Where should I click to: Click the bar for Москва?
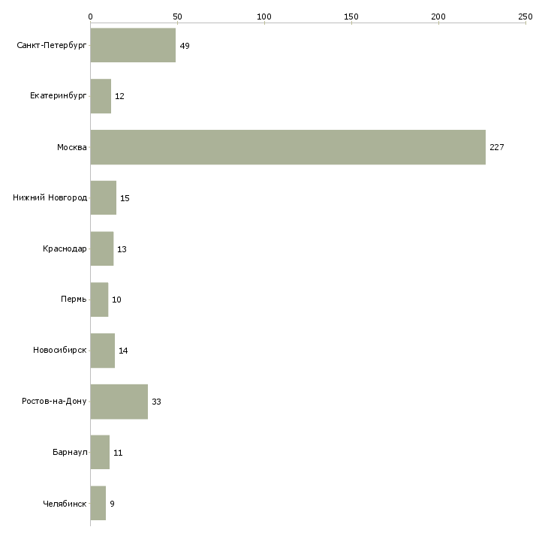pyautogui.click(x=288, y=147)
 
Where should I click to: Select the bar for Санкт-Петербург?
pyautogui.click(x=133, y=46)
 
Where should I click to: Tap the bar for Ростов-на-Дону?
pyautogui.click(x=119, y=402)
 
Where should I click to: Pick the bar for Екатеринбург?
pyautogui.click(x=101, y=97)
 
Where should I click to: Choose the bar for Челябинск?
pyautogui.click(x=98, y=504)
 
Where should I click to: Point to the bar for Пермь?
pyautogui.click(x=99, y=300)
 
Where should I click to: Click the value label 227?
pyautogui.click(x=496, y=147)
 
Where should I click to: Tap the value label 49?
pyautogui.click(x=185, y=46)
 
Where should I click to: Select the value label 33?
pyautogui.click(x=156, y=402)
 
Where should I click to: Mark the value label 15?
pyautogui.click(x=125, y=198)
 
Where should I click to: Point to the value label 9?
pyautogui.click(x=112, y=504)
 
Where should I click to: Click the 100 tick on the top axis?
pyautogui.click(x=264, y=16)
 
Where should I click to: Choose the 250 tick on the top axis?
pyautogui.click(x=525, y=16)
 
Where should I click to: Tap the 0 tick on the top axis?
pyautogui.click(x=90, y=16)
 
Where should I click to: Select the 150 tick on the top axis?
pyautogui.click(x=351, y=16)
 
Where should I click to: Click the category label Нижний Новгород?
pyautogui.click(x=50, y=198)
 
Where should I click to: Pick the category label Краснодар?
pyautogui.click(x=65, y=249)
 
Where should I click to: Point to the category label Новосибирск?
pyautogui.click(x=59, y=351)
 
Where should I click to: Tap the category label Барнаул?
pyautogui.click(x=70, y=453)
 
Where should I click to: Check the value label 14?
pyautogui.click(x=123, y=351)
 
